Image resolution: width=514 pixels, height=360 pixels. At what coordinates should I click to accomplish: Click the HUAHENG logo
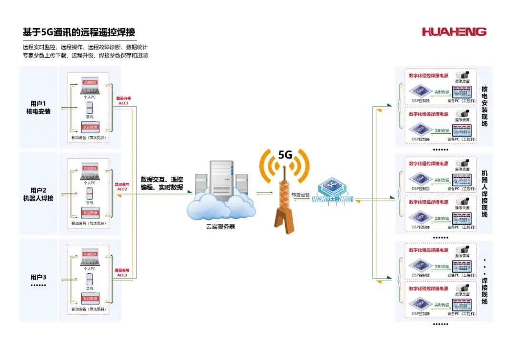pos(454,32)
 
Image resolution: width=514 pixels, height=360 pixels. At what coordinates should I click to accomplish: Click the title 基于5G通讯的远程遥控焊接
pos(79,32)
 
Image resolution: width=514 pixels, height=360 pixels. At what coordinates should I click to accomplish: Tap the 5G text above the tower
pos(285,155)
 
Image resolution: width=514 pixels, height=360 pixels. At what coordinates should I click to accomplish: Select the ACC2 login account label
pos(122,189)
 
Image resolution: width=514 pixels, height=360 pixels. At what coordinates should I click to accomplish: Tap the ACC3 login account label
pos(122,275)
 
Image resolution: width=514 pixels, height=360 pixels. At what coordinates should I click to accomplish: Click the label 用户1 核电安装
pos(38,108)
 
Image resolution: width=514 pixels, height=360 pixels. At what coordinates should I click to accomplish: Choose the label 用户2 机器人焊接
pos(38,194)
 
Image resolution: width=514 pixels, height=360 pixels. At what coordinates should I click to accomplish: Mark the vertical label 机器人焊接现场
pos(484,194)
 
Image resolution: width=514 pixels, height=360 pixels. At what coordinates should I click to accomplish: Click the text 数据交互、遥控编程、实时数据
pos(162,183)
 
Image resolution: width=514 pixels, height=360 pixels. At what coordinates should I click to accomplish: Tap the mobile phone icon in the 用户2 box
pos(89,193)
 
